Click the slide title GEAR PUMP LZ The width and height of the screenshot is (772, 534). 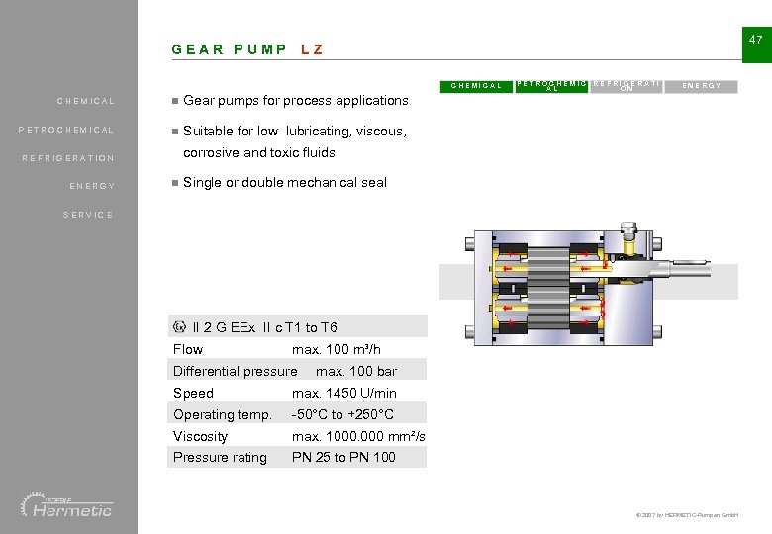pyautogui.click(x=247, y=49)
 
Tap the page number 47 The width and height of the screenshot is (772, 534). pyautogui.click(x=755, y=40)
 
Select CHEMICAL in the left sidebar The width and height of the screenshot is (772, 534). pyautogui.click(x=86, y=101)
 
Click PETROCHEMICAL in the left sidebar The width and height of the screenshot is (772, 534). pyautogui.click(x=66, y=130)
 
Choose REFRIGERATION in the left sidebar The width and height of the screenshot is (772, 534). pyautogui.click(x=68, y=158)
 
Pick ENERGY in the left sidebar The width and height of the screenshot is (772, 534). pyautogui.click(x=92, y=186)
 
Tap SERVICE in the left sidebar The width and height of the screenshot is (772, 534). pyautogui.click(x=88, y=215)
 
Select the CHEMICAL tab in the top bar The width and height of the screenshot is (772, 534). pyautogui.click(x=476, y=86)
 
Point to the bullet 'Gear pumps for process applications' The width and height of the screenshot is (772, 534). pyautogui.click(x=295, y=100)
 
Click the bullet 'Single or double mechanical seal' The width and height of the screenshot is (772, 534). pyautogui.click(x=285, y=182)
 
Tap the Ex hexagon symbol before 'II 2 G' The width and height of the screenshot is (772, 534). pyautogui.click(x=179, y=327)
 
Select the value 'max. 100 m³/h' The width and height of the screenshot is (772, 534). pyautogui.click(x=336, y=349)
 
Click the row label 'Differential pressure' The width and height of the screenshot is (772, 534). pyautogui.click(x=235, y=371)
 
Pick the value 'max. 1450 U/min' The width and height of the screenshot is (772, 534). pyautogui.click(x=343, y=393)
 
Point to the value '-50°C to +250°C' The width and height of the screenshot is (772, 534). pyautogui.click(x=342, y=414)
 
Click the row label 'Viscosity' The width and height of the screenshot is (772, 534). pyautogui.click(x=200, y=436)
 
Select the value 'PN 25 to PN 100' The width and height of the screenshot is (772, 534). pyautogui.click(x=343, y=457)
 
